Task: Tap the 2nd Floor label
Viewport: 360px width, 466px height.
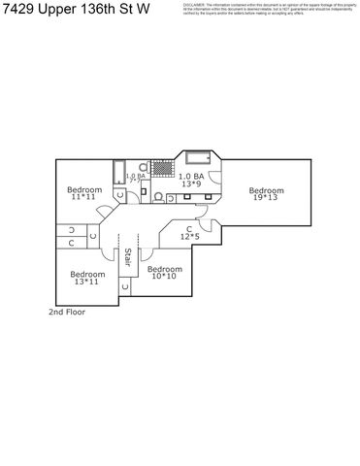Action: pos(69,313)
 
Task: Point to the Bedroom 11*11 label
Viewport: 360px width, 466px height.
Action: pos(85,193)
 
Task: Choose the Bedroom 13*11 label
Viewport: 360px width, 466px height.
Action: pos(87,278)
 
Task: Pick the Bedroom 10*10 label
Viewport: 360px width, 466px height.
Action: pos(164,273)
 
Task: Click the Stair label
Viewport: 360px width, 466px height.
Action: pos(127,257)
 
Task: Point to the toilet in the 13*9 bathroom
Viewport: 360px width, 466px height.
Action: pos(158,196)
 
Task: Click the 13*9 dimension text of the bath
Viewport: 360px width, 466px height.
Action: pos(191,183)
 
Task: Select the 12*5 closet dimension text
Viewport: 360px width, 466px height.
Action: pos(191,236)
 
